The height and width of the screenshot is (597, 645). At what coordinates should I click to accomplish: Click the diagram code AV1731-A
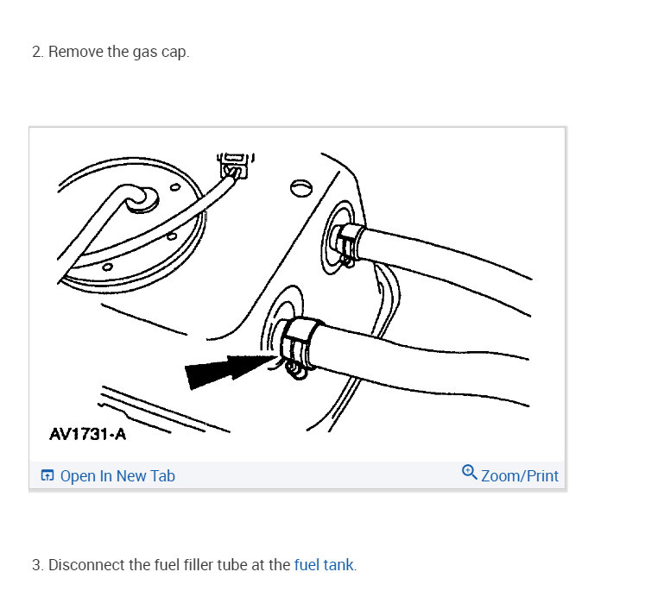[x=88, y=434]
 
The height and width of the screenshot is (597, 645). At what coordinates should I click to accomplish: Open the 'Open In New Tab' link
[x=117, y=476]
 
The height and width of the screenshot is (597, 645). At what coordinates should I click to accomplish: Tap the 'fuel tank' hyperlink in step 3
[x=324, y=566]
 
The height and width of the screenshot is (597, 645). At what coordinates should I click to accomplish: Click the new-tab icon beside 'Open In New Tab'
[x=47, y=476]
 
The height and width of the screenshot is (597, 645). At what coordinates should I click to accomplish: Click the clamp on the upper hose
[x=349, y=240]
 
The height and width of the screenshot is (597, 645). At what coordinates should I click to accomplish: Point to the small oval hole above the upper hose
[x=300, y=185]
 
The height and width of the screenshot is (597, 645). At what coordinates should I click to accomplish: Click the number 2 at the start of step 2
[x=36, y=52]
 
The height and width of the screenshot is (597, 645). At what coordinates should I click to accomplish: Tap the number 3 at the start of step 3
[x=36, y=566]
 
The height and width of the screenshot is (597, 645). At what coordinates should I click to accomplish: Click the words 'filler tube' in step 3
[x=234, y=566]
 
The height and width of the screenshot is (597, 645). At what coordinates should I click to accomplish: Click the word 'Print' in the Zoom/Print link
[x=541, y=475]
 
